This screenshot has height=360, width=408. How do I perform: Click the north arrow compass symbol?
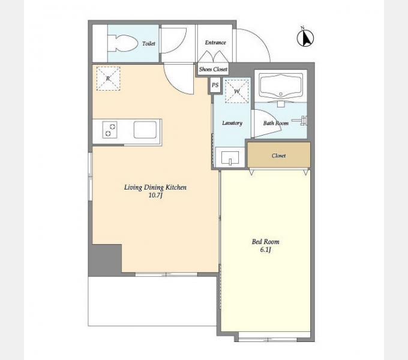point(305,37)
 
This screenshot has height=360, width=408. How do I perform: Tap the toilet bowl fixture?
point(123,43)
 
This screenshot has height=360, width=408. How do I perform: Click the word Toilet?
point(149,44)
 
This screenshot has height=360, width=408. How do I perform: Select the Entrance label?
point(215,43)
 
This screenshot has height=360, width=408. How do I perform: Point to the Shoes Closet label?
point(213,70)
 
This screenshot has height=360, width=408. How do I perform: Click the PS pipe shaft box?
point(215,85)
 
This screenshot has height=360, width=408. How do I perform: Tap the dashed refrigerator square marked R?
point(108,79)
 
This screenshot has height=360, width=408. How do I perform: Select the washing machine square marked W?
point(237,91)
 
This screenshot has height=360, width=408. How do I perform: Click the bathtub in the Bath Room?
point(281,86)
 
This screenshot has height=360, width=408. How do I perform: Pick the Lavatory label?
point(232,123)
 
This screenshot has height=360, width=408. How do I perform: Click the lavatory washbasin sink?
point(230,158)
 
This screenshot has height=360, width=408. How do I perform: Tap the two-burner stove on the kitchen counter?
point(110,130)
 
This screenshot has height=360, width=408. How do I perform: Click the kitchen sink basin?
point(145,130)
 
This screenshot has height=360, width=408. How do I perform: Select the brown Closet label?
point(278,156)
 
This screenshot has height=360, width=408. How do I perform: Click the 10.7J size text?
point(155,196)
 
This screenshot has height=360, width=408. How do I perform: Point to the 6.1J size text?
point(265,250)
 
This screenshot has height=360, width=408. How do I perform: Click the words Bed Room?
point(265,242)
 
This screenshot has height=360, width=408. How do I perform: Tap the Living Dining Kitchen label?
point(155,188)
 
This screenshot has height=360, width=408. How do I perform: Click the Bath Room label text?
point(275,123)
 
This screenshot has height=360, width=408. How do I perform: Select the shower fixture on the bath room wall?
point(300,121)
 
